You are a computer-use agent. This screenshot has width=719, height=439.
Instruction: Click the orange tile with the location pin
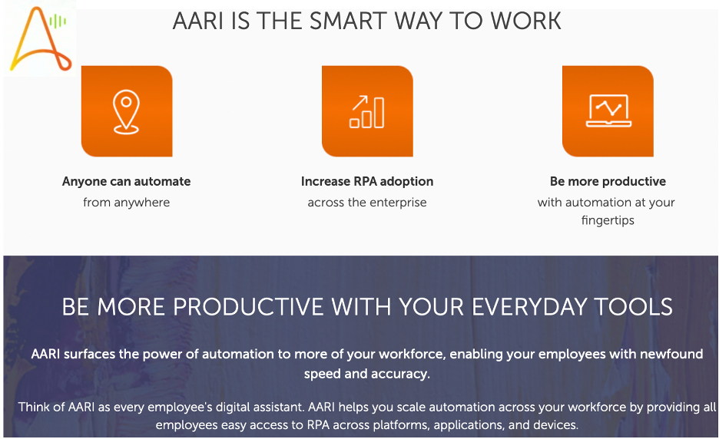[x=127, y=111]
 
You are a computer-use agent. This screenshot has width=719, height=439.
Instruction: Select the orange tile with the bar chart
[x=367, y=111]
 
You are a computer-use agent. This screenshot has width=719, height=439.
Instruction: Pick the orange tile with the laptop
[x=608, y=111]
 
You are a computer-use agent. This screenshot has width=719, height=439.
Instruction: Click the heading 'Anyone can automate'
[x=127, y=182]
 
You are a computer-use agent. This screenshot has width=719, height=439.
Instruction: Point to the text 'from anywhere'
[x=127, y=203]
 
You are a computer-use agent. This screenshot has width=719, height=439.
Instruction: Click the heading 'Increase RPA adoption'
[x=367, y=182]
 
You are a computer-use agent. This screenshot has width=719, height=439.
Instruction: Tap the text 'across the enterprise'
[x=367, y=203]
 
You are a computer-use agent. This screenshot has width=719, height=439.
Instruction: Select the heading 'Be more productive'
[x=608, y=182]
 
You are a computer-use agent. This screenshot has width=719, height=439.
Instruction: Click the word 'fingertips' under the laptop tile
[x=608, y=221]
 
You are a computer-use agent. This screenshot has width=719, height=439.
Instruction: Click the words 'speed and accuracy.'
[x=366, y=375]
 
